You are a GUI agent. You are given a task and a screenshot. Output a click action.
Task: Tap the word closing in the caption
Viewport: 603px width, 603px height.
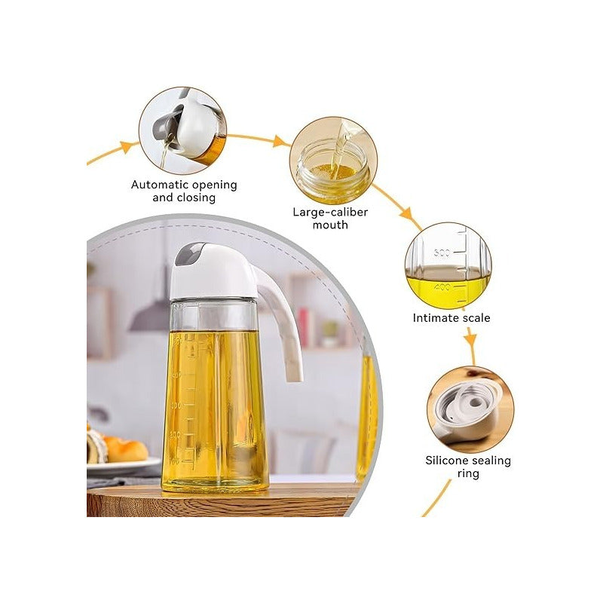tap(196, 197)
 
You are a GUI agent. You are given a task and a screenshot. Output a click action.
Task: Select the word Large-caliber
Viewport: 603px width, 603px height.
tap(330, 213)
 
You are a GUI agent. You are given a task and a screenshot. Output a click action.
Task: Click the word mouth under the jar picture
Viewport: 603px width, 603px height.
tap(330, 225)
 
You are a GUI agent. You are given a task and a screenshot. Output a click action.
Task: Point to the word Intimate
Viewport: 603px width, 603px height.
tap(434, 318)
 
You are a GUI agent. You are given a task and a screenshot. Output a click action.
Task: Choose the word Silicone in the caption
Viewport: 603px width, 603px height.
tap(447, 461)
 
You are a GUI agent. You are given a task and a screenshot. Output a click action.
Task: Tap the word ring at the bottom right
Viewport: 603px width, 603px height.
tap(468, 474)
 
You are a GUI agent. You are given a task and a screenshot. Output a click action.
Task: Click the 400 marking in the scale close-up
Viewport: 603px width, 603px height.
tap(442, 287)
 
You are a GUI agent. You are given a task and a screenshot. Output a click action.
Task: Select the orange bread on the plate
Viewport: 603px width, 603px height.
tap(125, 449)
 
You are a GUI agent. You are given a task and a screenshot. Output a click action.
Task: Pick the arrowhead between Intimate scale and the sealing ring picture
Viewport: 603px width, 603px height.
tap(470, 340)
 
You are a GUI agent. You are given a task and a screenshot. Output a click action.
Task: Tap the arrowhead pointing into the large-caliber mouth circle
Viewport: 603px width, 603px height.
tap(280, 142)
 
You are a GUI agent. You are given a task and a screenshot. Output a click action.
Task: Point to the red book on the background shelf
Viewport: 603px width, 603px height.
tap(304, 329)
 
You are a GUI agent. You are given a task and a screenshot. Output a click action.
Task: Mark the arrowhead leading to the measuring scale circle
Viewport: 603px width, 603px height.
tap(407, 213)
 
